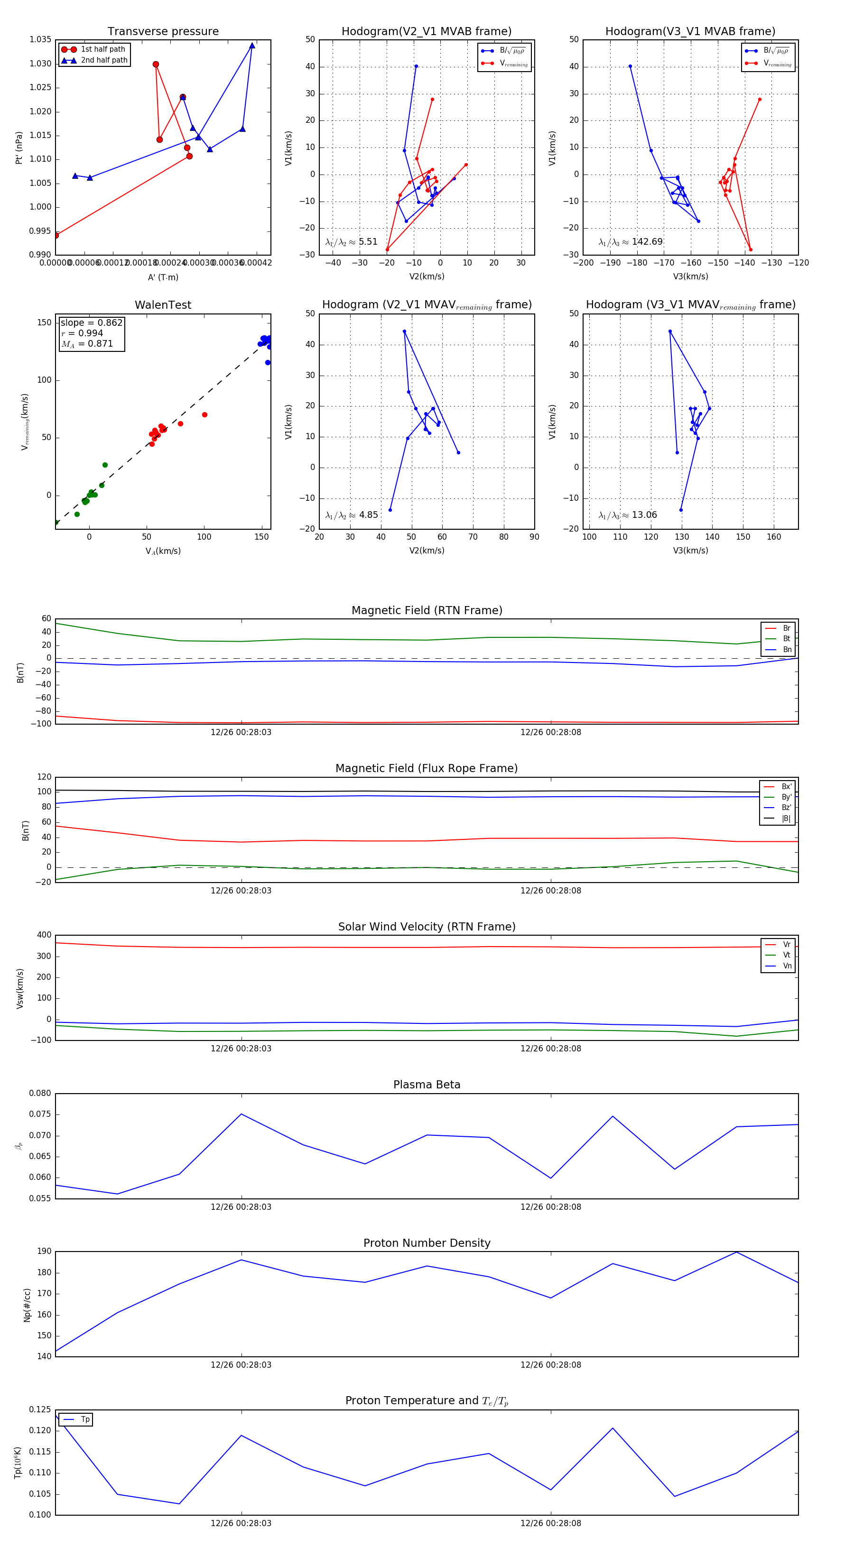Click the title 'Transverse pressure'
tap(163, 32)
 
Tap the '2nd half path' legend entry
tap(104, 60)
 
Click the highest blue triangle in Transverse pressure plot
tap(251, 46)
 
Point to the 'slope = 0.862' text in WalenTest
tap(91, 322)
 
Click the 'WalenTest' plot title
tap(163, 305)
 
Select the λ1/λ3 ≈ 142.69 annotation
tap(631, 242)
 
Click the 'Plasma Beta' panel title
tap(427, 1085)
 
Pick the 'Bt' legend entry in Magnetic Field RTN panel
tap(786, 638)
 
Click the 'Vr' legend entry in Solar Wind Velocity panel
tap(787, 944)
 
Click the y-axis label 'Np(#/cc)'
tap(27, 1305)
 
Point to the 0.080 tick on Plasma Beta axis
tap(40, 1094)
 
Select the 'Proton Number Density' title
tap(427, 1243)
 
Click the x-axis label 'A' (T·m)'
tap(163, 277)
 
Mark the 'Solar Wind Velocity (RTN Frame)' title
tap(427, 927)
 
